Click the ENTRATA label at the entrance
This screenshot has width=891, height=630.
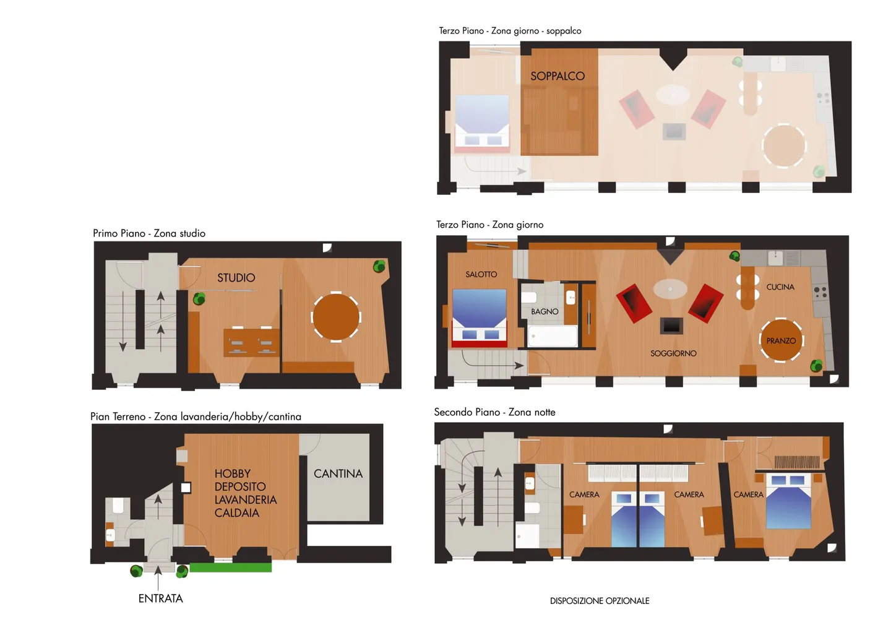[161, 598]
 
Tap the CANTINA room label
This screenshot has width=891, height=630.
[338, 473]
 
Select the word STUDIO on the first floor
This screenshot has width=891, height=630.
[236, 278]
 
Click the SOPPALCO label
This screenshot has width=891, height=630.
[557, 76]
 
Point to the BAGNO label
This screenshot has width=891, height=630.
[544, 312]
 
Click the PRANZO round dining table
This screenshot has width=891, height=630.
[781, 340]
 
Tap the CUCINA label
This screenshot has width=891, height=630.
[780, 287]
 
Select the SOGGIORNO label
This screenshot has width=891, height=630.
[673, 353]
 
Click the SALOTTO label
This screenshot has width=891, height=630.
[481, 274]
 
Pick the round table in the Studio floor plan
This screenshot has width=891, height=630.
[336, 317]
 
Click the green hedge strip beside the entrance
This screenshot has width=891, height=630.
[231, 567]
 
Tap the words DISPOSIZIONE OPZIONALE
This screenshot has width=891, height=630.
[600, 601]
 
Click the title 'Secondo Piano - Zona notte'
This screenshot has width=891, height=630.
[494, 412]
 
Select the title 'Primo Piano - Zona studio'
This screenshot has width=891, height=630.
[149, 233]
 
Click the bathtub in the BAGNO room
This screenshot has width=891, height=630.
[553, 336]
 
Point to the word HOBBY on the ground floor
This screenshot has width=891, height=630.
[233, 473]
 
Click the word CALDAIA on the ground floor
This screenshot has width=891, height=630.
[237, 512]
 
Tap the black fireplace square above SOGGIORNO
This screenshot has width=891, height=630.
[671, 326]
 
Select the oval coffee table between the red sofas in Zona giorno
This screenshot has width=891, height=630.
[670, 289]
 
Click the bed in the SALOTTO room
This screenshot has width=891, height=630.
[480, 317]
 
